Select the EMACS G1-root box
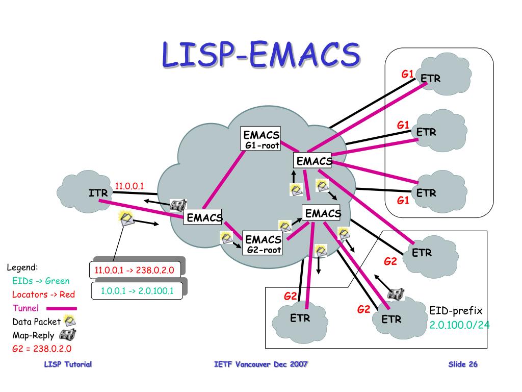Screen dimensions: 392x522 click(261, 139)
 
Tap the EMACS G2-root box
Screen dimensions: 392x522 click(263, 243)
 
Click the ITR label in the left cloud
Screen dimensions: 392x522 click(98, 193)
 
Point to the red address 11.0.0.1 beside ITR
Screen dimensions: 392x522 click(129, 186)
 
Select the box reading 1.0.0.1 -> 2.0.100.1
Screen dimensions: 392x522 click(137, 291)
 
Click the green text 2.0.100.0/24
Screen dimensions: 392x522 click(459, 325)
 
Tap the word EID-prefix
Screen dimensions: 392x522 click(456, 310)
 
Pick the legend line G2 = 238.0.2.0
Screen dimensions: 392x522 click(42, 349)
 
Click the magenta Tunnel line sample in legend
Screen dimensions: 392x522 click(61, 308)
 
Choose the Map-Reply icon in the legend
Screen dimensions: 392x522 click(67, 335)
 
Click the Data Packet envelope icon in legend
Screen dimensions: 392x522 click(70, 322)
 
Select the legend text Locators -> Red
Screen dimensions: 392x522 click(43, 295)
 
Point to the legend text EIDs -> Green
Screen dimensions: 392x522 click(41, 281)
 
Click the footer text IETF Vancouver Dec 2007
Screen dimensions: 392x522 click(261, 364)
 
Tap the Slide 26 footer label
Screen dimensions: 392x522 click(463, 364)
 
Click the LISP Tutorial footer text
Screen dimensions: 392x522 click(68, 364)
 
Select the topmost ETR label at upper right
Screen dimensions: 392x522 click(430, 79)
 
